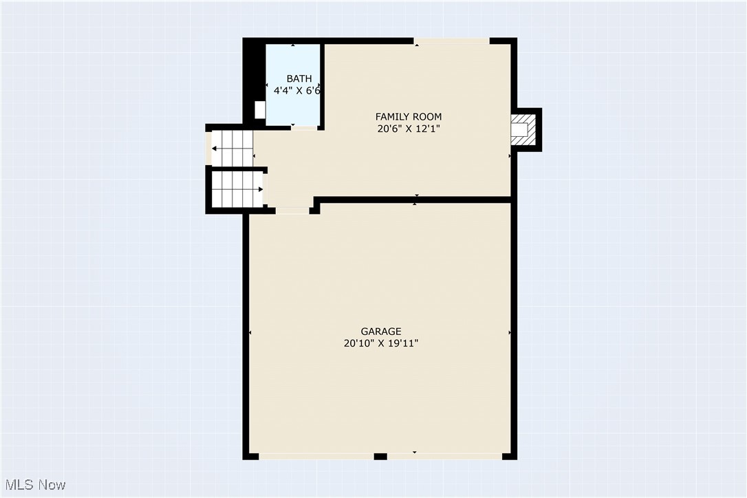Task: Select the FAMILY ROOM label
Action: click(x=408, y=116)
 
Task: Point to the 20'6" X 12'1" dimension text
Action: click(x=408, y=129)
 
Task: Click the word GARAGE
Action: click(x=381, y=332)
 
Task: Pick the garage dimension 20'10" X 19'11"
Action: click(x=381, y=343)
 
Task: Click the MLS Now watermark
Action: click(x=34, y=485)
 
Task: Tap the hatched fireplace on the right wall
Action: click(x=522, y=129)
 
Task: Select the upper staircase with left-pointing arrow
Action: click(x=232, y=148)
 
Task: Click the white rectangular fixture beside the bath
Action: click(x=260, y=109)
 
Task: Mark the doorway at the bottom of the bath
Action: click(x=304, y=128)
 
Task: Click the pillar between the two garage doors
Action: click(x=380, y=456)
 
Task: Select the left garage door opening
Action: click(x=316, y=456)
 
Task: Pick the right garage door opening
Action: click(x=444, y=456)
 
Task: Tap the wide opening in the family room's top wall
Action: click(x=451, y=41)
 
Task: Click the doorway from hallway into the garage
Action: click(x=292, y=210)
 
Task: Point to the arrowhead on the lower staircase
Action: click(x=261, y=189)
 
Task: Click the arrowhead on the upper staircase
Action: click(x=215, y=148)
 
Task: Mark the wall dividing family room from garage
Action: click(x=413, y=199)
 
